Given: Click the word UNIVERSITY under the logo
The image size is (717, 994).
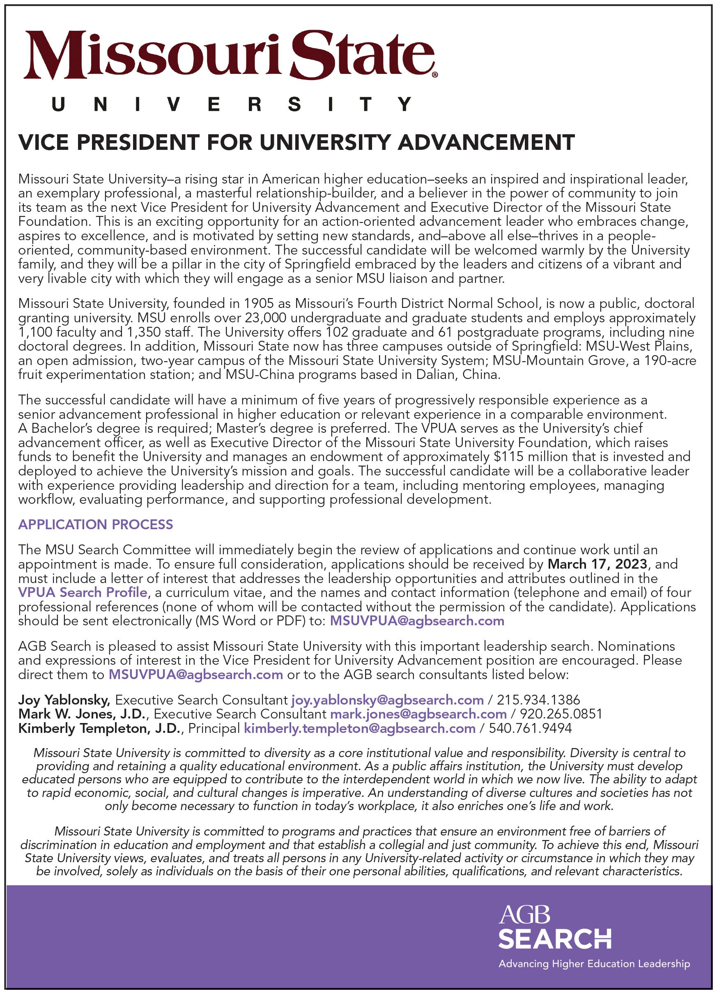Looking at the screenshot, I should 232,105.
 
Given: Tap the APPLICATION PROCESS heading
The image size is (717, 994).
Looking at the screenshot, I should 96,524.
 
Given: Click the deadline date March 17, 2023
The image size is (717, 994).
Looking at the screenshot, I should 597,564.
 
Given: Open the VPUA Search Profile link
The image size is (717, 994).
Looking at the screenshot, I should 83,592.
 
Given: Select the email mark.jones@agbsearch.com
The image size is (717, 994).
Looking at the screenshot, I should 418,714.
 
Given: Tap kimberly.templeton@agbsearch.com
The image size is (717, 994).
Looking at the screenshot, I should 359,728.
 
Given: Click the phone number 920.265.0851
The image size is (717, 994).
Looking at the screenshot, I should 561,714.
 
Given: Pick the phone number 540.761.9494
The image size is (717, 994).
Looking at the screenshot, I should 530,728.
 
